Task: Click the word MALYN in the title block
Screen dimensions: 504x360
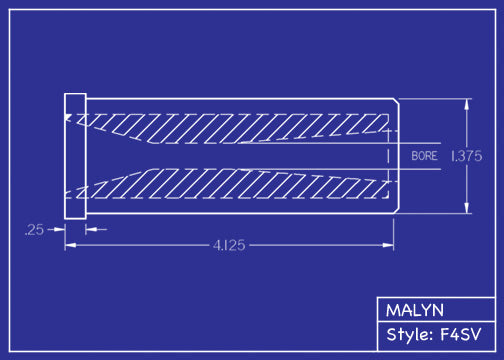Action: coord(415,310)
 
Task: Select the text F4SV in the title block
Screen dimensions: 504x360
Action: coord(461,335)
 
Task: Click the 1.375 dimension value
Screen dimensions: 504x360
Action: coord(467,156)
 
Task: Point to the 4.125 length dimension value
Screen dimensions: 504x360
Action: coord(229,246)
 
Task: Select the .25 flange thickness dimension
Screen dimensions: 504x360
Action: coord(34,230)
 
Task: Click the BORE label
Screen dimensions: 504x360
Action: coord(424,156)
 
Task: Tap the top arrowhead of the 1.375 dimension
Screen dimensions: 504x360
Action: coord(467,104)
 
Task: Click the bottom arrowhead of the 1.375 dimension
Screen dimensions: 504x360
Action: coord(467,208)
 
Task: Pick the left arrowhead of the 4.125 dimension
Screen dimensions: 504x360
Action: coord(70,246)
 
